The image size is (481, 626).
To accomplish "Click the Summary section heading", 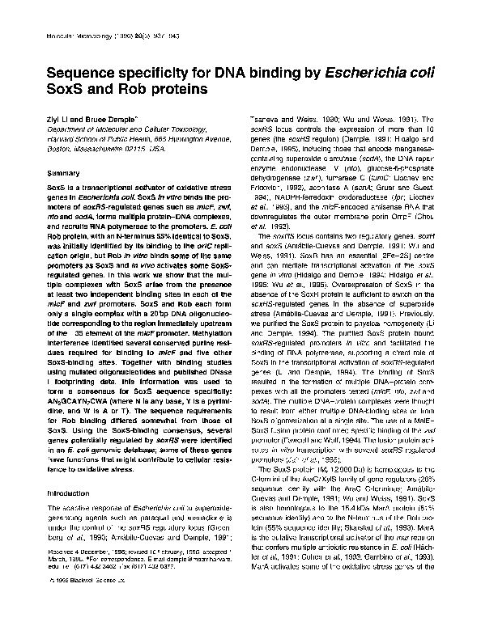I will (62, 174).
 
